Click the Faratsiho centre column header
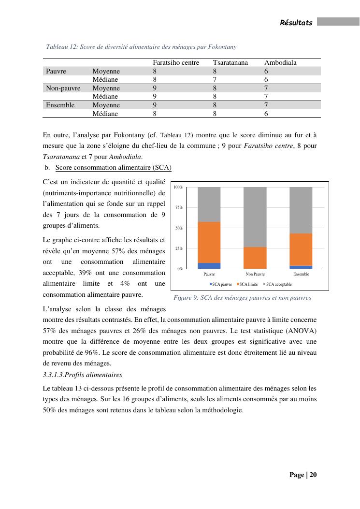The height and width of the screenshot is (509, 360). coord(176,63)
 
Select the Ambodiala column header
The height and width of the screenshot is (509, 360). coord(280,63)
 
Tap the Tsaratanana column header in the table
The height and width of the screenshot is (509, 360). coord(230,63)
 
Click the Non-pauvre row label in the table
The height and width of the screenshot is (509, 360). coord(63,88)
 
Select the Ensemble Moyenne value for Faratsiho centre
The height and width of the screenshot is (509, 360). coord(155,105)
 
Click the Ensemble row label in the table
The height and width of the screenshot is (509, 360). coord(60,105)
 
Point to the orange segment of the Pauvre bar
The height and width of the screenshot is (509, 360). coord(209,242)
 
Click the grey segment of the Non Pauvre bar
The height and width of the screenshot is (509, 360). coord(255,217)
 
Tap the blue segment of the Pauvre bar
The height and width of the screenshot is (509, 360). coord(209,266)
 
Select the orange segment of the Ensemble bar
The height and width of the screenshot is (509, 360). coord(301,249)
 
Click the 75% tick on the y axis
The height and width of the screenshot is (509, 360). coord(178,207)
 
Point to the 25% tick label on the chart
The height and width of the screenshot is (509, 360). coord(178,248)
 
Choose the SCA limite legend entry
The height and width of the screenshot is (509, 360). coord(247,284)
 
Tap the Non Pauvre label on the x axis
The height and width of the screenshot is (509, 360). coord(255,274)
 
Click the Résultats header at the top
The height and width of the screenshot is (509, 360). coord(296,23)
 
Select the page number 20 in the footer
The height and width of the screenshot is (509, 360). coord(313,475)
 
